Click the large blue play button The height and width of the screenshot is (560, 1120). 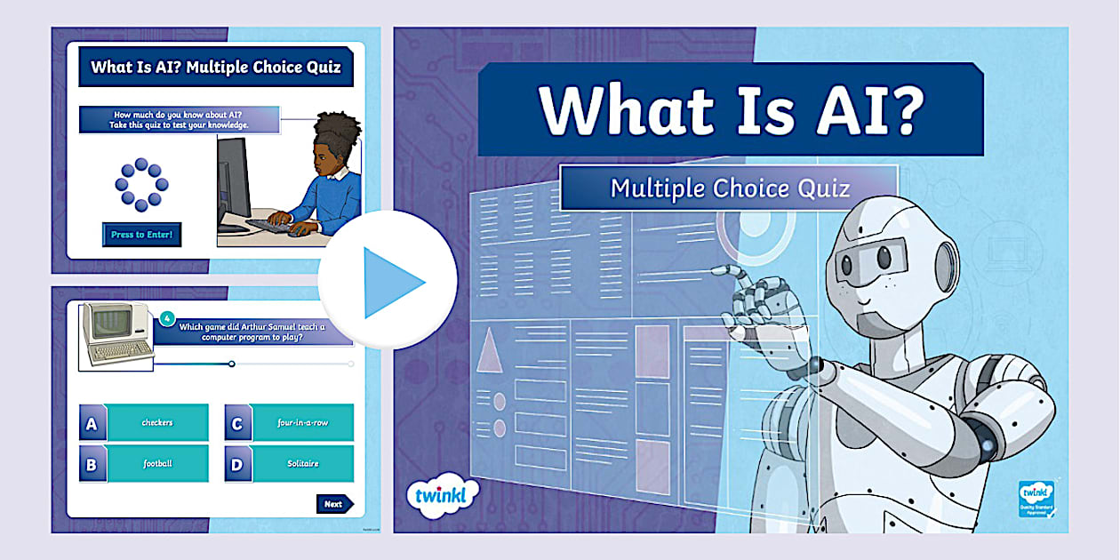389,281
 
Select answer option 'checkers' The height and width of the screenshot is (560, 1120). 157,422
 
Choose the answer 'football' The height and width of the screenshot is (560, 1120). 157,463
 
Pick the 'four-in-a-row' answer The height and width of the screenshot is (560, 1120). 302,422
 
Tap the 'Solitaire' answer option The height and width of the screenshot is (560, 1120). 302,463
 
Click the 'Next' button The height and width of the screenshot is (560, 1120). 334,504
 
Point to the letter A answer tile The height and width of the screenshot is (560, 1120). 92,423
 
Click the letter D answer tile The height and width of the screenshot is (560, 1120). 236,464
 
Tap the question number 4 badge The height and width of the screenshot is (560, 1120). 165,317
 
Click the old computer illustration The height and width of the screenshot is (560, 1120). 115,334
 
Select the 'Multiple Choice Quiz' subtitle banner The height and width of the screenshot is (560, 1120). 729,188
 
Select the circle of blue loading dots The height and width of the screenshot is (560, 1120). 140,184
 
